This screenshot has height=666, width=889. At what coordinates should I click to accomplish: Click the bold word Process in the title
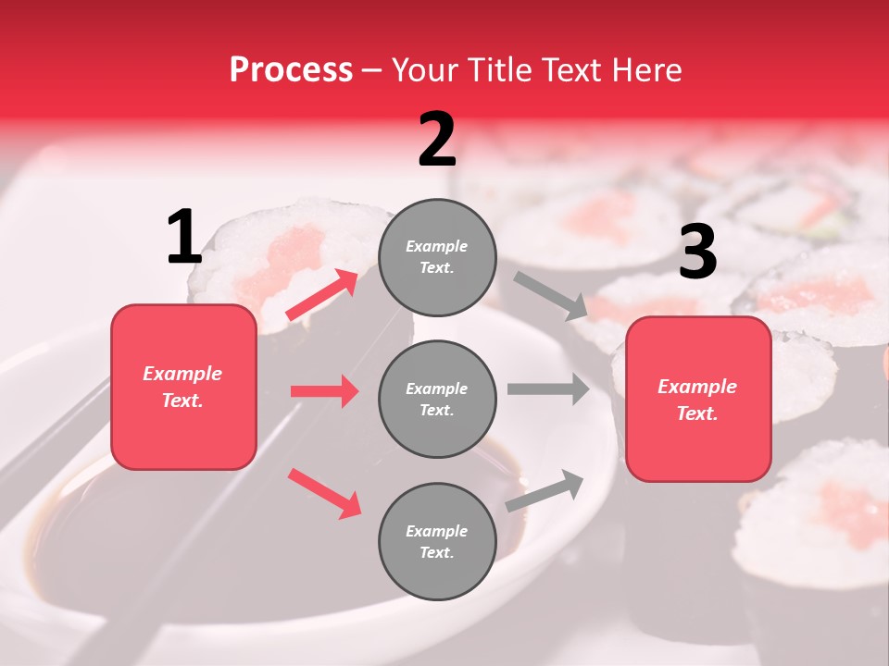(x=291, y=69)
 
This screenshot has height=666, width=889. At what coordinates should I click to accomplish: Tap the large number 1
(x=184, y=238)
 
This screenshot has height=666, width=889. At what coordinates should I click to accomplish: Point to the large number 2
(x=437, y=141)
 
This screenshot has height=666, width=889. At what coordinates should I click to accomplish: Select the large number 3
(x=697, y=252)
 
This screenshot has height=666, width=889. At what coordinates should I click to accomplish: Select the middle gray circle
(x=437, y=399)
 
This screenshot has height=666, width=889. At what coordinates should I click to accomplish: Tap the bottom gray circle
(x=437, y=541)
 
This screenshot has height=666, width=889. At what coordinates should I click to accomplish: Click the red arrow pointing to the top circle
(x=322, y=294)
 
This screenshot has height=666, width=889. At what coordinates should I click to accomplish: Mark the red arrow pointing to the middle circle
(x=324, y=391)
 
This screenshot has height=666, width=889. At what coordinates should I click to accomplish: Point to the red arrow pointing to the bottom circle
(x=324, y=492)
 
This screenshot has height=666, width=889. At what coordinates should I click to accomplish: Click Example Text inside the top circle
(x=437, y=257)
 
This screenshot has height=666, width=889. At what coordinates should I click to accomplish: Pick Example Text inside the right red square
(x=697, y=400)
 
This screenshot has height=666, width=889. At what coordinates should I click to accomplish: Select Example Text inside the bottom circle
(x=437, y=542)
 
